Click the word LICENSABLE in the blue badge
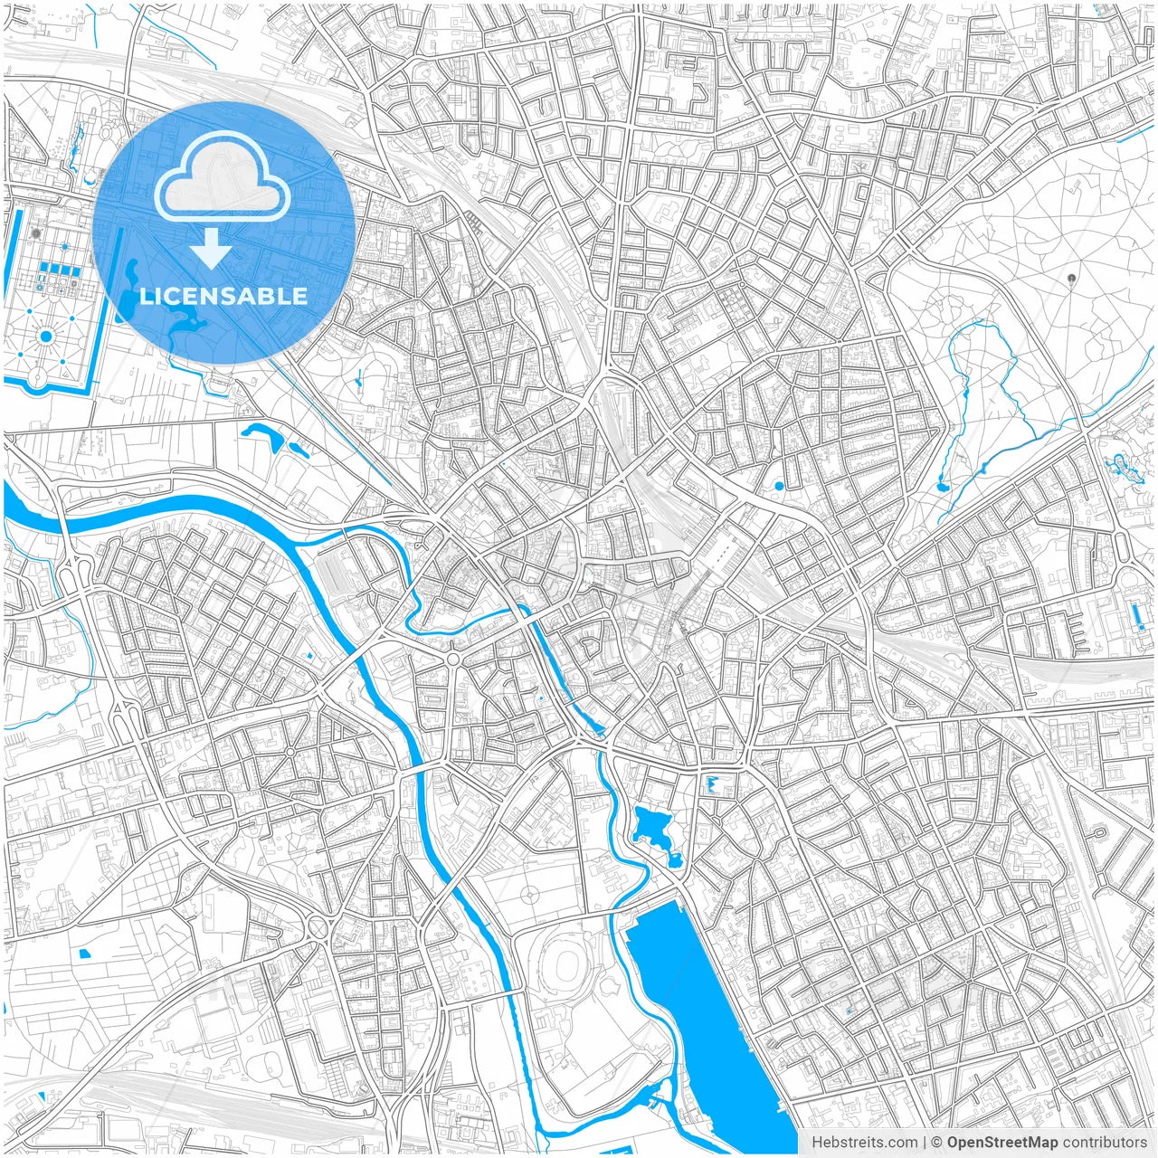223,296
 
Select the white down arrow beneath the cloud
212,249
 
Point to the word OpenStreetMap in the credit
1001,1143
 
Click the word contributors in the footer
1105,1143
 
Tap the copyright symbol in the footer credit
937,1143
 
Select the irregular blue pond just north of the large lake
650,825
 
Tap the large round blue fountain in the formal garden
45,337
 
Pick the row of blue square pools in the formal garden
64,269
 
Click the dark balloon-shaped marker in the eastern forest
1072,279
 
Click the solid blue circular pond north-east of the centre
779,486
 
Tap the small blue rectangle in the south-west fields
86,953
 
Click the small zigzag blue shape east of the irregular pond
714,783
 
